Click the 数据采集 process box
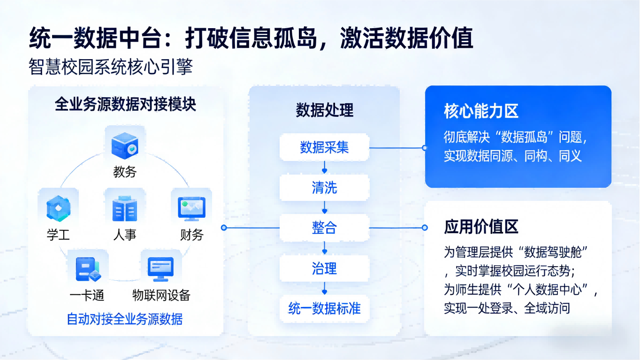(324, 148)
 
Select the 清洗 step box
(324, 188)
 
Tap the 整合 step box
(324, 228)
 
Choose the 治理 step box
(324, 268)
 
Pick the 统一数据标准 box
(324, 308)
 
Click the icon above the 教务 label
(125, 145)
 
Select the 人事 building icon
(125, 208)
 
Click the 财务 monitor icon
(191, 208)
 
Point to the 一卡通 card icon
(88, 269)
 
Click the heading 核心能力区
(481, 111)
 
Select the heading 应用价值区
(481, 227)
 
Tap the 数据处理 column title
(324, 110)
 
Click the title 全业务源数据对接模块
(125, 104)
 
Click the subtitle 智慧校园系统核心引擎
(111, 67)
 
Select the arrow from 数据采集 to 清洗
(324, 168)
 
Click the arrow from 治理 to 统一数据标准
(324, 288)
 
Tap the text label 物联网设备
(161, 295)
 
